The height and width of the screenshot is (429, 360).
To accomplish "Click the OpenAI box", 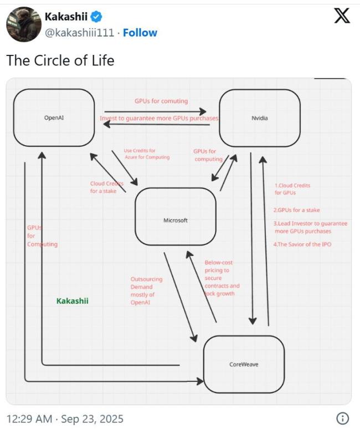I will pyautogui.click(x=54, y=117).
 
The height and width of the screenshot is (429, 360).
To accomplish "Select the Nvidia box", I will pyautogui.click(x=259, y=118).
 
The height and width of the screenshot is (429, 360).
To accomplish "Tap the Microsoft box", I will pyautogui.click(x=175, y=220).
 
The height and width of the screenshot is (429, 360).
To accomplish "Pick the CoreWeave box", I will pyautogui.click(x=244, y=364).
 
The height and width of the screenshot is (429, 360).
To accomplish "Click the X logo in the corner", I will pyautogui.click(x=342, y=17).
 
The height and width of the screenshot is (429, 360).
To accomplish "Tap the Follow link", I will pyautogui.click(x=140, y=33).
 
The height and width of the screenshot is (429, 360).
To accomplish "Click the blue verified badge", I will pyautogui.click(x=97, y=17).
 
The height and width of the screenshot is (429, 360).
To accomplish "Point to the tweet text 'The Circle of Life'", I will pyautogui.click(x=60, y=60).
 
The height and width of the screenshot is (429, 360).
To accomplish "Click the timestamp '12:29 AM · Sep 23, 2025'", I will pyautogui.click(x=65, y=418).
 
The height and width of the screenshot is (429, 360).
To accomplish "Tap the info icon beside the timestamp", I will pyautogui.click(x=342, y=418).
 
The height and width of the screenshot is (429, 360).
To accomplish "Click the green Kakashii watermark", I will pyautogui.click(x=72, y=301).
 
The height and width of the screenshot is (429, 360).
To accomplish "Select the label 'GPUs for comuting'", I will pyautogui.click(x=161, y=101).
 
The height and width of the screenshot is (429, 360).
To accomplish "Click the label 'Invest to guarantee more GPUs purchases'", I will pyautogui.click(x=159, y=118).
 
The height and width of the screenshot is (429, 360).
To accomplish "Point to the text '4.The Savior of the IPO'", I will pyautogui.click(x=302, y=244).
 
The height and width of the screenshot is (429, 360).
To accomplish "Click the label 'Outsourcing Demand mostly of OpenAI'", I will pyautogui.click(x=146, y=290).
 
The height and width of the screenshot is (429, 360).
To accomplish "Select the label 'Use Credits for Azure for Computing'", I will pyautogui.click(x=146, y=154).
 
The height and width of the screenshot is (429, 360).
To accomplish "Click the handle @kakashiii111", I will pyautogui.click(x=80, y=33).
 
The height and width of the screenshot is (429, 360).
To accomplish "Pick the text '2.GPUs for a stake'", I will pyautogui.click(x=296, y=210).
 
